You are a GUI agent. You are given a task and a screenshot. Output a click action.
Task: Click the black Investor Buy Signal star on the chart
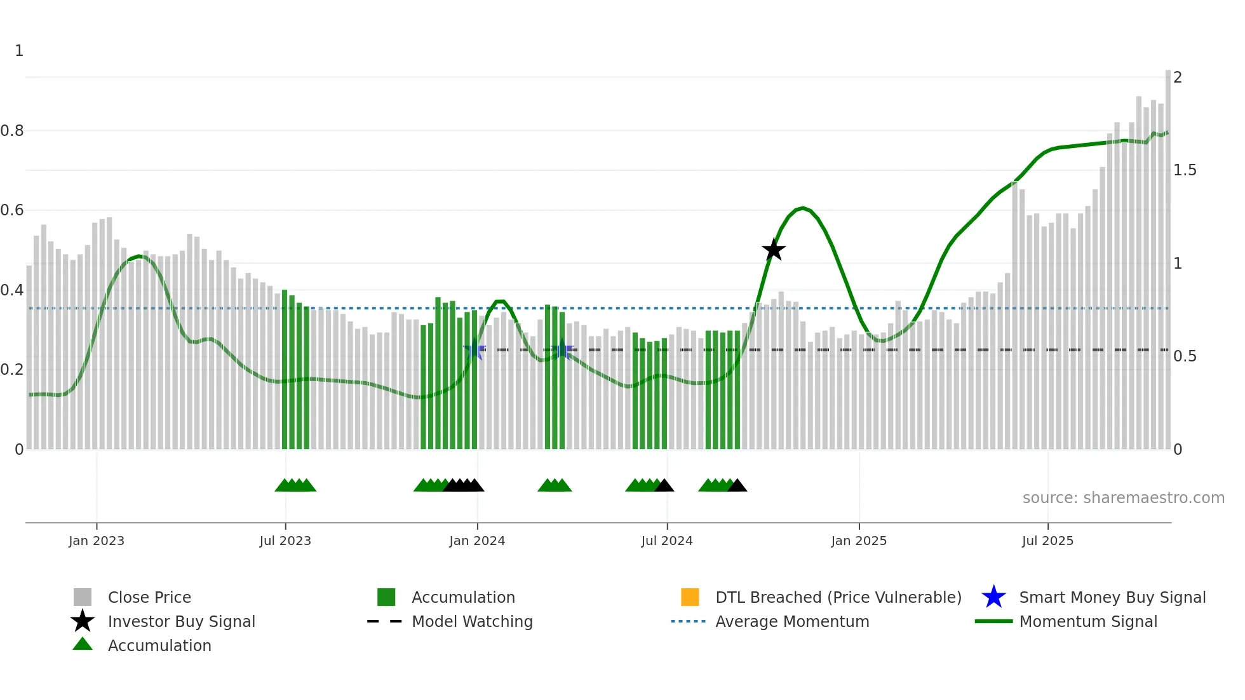(773, 250)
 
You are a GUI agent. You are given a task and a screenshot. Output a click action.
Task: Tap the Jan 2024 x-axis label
(477, 541)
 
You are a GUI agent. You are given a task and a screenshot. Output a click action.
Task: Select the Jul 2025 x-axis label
(1047, 541)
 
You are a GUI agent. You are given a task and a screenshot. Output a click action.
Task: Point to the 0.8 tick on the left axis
(12, 131)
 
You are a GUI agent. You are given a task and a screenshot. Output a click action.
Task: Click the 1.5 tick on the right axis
(1184, 170)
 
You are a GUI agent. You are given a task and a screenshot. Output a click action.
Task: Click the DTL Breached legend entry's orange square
(690, 597)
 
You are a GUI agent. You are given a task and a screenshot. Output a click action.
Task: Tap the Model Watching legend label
(472, 621)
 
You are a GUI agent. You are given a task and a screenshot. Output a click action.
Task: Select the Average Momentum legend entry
(791, 621)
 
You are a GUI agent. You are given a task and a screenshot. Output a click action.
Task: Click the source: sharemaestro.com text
(1123, 498)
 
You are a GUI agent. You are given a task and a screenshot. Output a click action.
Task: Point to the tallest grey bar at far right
(1168, 254)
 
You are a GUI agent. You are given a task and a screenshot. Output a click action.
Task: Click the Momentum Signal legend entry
(1087, 621)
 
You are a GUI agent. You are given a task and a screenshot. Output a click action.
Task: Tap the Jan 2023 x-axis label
(97, 541)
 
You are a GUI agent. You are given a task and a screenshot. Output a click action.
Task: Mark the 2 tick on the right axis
(1178, 77)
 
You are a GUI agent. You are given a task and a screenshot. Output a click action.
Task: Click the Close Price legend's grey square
(83, 597)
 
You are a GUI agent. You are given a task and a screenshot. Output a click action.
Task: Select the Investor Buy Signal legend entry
(181, 621)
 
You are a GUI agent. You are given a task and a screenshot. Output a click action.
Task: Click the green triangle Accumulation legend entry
(159, 645)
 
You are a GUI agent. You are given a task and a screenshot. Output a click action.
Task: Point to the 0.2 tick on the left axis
(12, 370)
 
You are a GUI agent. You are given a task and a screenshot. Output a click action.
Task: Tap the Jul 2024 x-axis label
(666, 541)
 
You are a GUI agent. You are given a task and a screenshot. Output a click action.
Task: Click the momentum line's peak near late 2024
(803, 208)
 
